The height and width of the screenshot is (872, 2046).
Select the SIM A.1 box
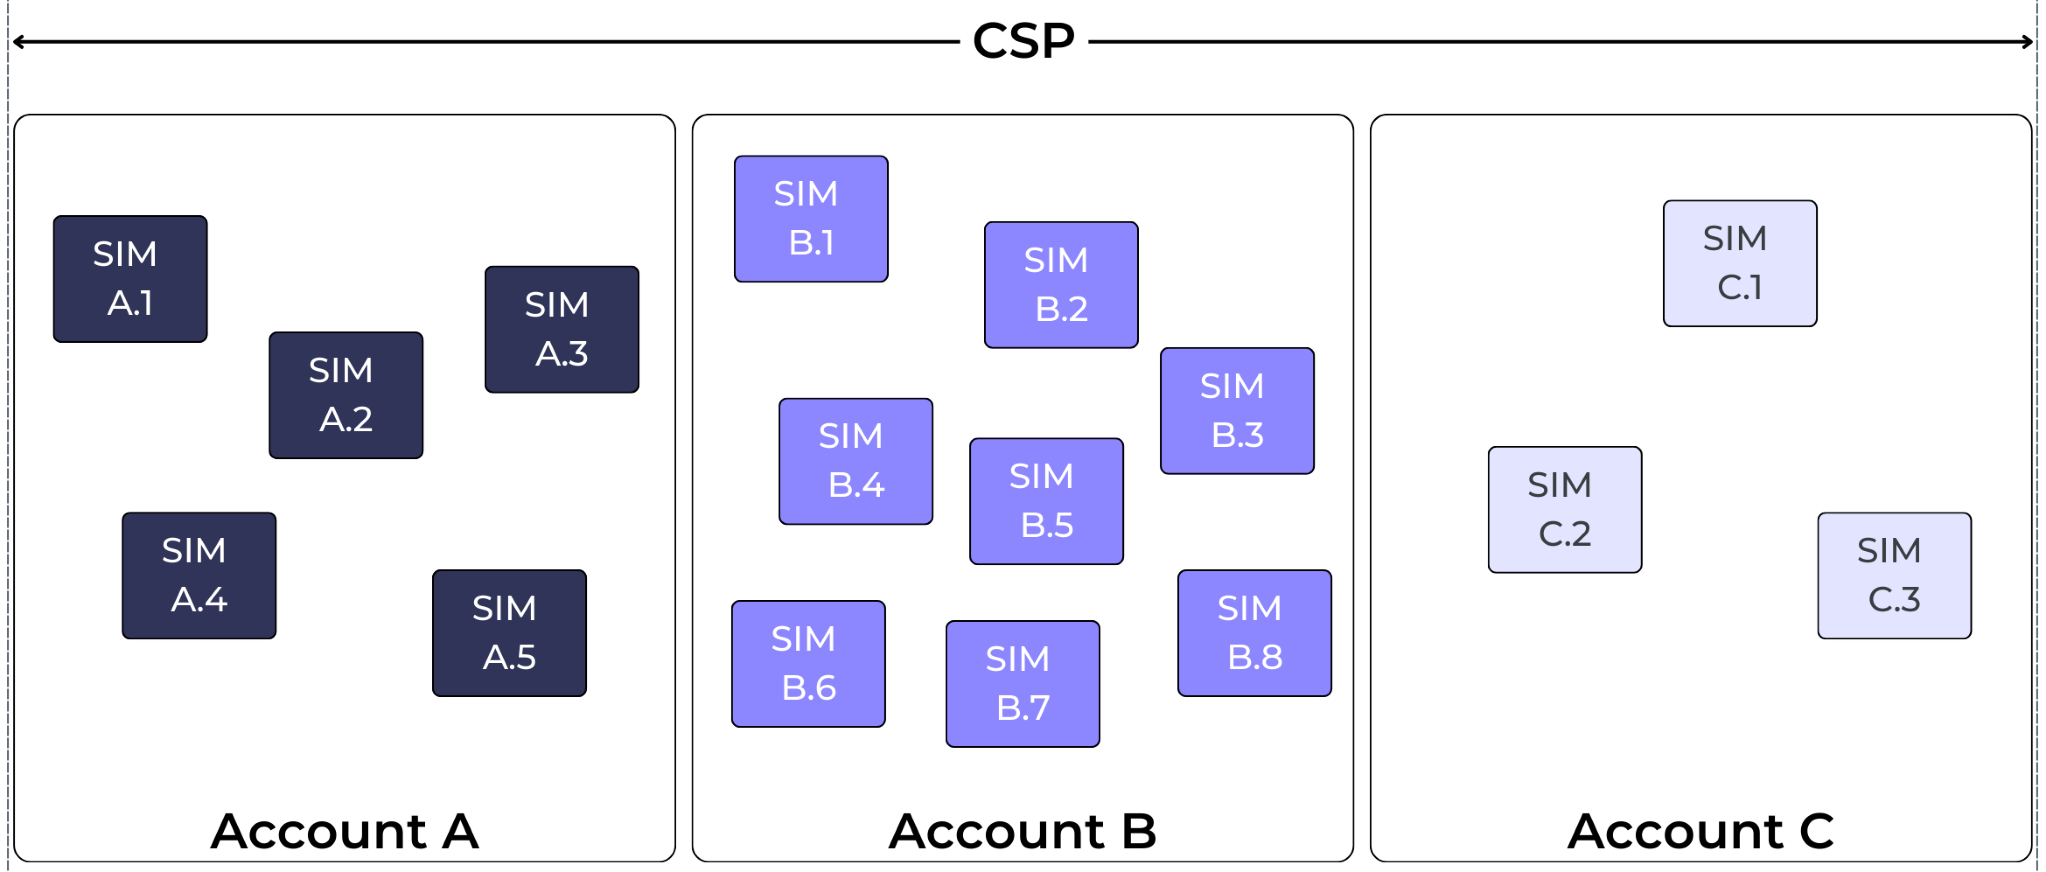(x=129, y=279)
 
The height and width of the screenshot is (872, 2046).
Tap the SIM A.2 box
(x=346, y=395)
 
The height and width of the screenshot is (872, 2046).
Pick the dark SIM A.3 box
(x=562, y=329)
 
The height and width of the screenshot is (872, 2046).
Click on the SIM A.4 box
(x=199, y=575)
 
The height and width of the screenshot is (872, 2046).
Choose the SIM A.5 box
(x=509, y=633)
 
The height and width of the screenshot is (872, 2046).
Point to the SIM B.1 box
(x=810, y=218)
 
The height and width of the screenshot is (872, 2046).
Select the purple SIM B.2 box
(x=1060, y=284)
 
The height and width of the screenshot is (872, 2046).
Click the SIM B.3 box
(x=1237, y=410)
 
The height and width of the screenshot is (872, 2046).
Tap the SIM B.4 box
(x=855, y=461)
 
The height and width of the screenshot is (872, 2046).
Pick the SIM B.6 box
(x=808, y=663)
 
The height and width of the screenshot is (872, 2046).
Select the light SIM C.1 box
(x=1740, y=263)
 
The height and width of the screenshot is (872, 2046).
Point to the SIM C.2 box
(x=1564, y=509)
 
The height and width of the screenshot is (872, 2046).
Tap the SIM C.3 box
(x=1894, y=575)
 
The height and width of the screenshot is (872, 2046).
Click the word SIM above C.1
(x=1735, y=238)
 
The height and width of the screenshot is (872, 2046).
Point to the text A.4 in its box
(x=199, y=599)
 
